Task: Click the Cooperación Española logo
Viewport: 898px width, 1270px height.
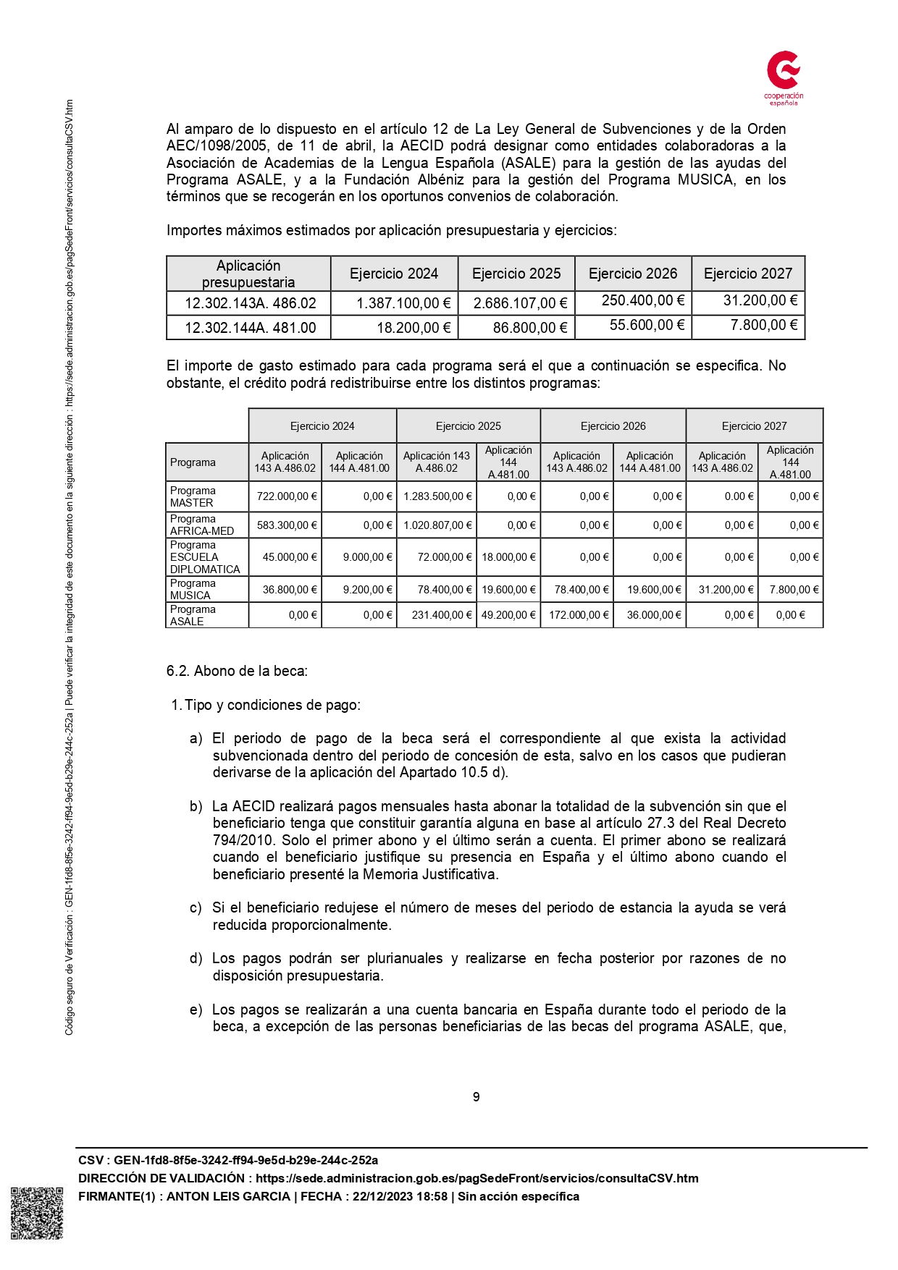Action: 784,77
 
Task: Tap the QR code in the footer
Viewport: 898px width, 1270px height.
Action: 37,1213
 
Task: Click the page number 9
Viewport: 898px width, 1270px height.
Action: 476,1097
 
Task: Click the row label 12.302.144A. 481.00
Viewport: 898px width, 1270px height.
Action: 250,328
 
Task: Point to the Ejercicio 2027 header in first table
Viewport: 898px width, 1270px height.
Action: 747,274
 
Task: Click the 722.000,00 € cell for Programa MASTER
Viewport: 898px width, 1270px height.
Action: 287,496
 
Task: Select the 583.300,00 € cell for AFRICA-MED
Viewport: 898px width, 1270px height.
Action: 287,525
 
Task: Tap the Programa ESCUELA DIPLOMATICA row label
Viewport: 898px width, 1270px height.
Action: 205,557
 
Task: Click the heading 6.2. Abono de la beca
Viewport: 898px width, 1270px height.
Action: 237,671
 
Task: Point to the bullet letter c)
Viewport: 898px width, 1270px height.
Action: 196,908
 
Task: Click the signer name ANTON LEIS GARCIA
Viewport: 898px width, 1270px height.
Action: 228,1196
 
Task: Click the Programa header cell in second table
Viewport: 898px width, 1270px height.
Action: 193,462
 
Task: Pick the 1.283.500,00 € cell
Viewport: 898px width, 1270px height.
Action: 437,496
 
